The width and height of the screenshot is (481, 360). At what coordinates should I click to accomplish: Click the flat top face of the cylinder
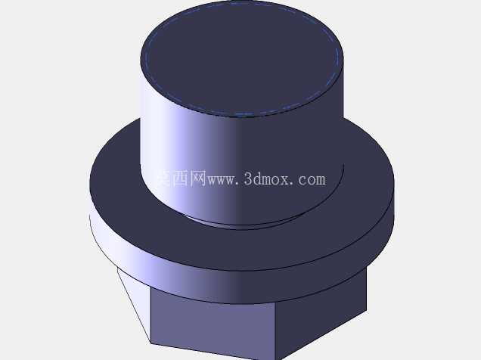coord(242,58)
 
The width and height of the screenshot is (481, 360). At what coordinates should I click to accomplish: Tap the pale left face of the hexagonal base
coord(135,300)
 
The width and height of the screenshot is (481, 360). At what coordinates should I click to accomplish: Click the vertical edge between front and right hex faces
coord(275,331)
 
